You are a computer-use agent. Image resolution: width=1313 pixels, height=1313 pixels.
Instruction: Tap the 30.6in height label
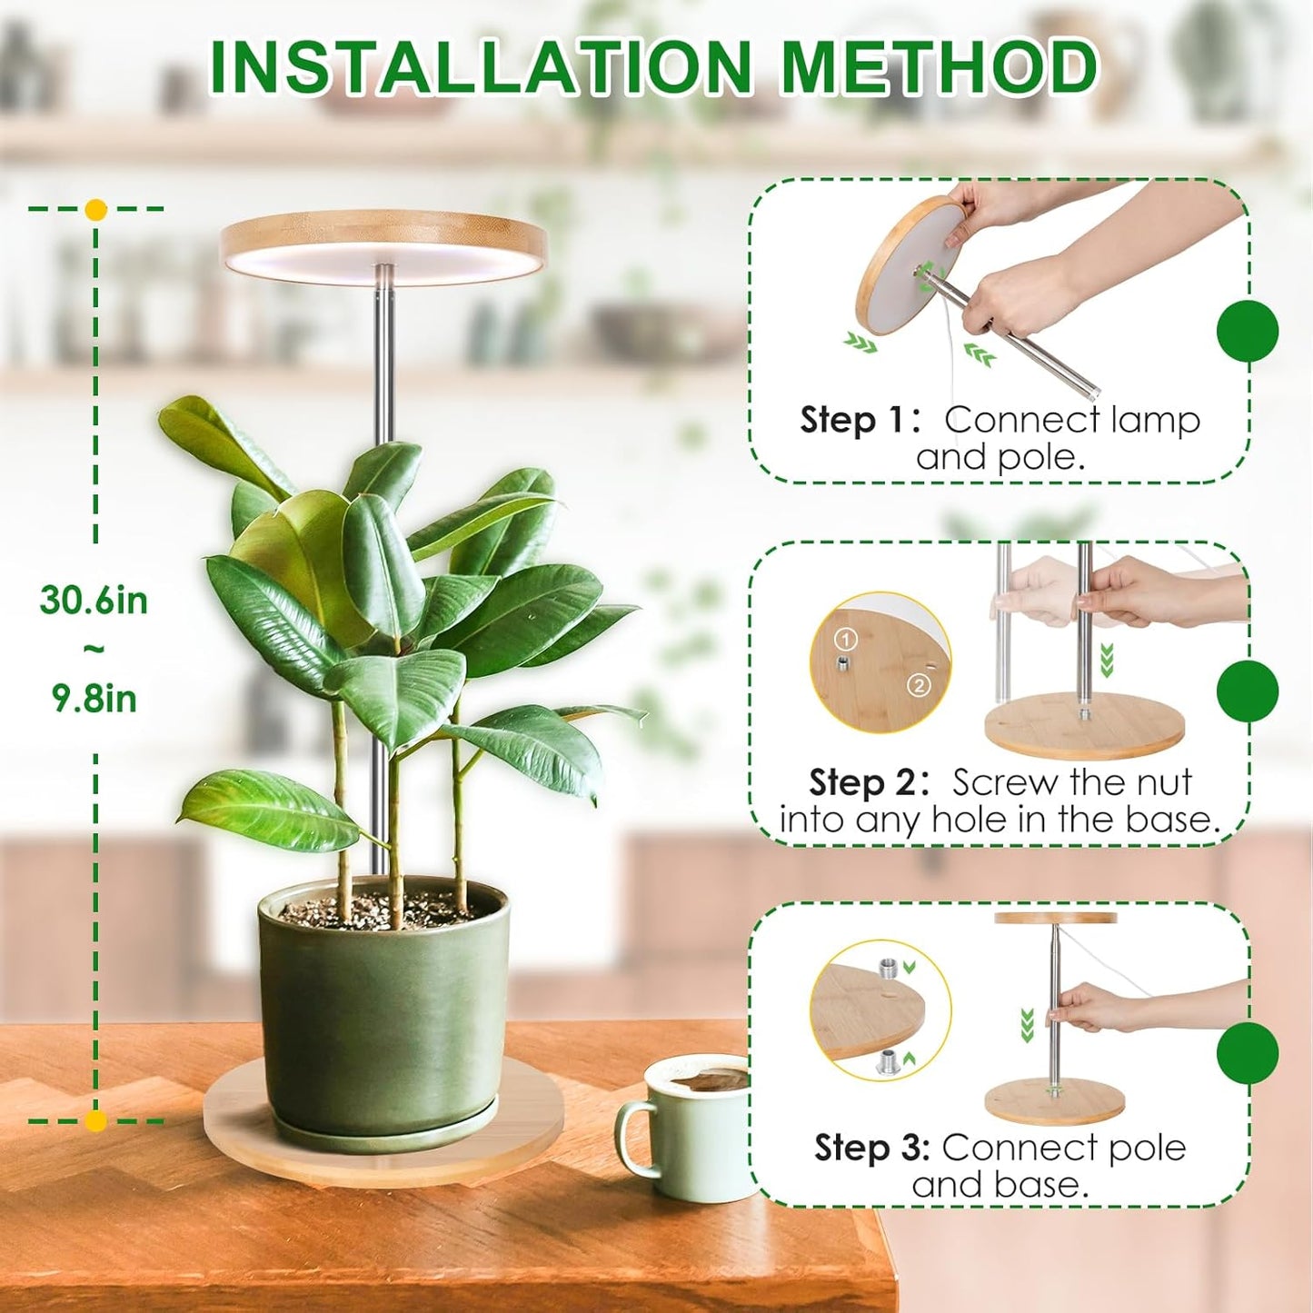[x=94, y=601]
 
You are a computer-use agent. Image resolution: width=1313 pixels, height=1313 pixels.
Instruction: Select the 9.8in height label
[x=94, y=699]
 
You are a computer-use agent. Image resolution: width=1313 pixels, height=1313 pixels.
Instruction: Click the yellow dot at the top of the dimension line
[x=95, y=210]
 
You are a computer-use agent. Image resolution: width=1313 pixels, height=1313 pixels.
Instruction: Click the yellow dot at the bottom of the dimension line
[x=95, y=1120]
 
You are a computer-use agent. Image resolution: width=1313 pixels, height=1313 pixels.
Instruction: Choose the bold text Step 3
[x=870, y=1148]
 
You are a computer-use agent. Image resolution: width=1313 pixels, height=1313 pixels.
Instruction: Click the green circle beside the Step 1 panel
[x=1248, y=331]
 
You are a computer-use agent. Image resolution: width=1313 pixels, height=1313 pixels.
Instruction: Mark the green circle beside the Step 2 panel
[x=1248, y=691]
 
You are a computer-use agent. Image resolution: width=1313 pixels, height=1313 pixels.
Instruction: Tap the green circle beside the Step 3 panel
[x=1248, y=1052]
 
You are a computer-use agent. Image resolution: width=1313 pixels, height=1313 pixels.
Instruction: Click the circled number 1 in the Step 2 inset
[x=846, y=640]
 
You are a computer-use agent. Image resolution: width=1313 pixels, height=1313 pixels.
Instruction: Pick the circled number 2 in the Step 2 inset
[x=919, y=684]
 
